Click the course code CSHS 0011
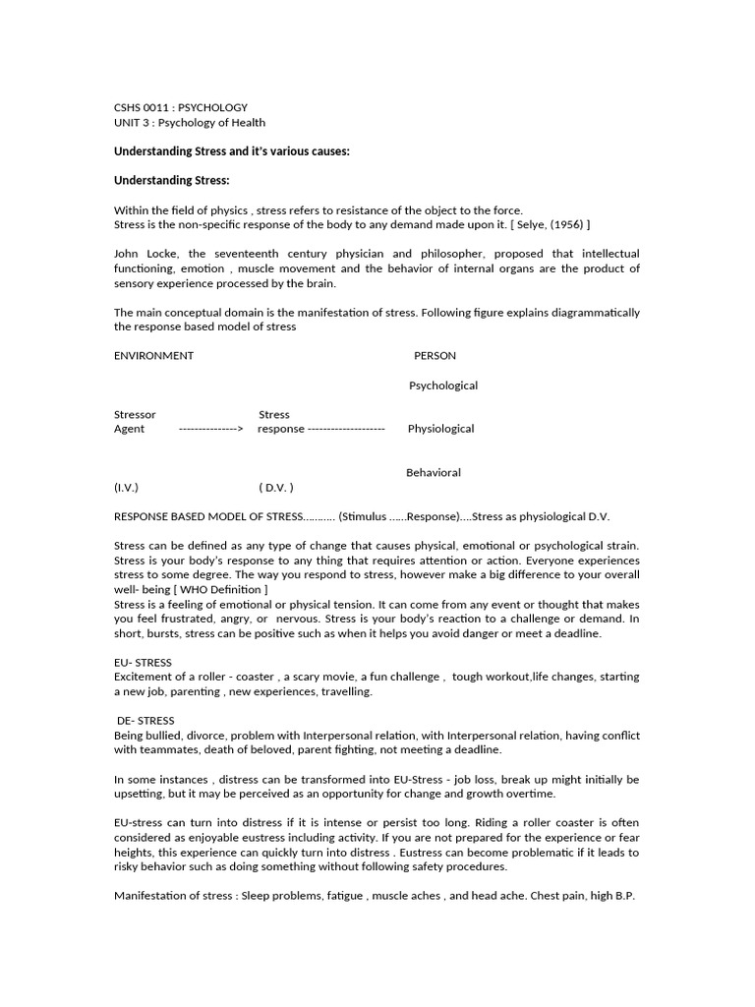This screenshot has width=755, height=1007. [143, 107]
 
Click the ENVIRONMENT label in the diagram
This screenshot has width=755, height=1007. [153, 356]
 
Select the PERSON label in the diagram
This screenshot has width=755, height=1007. [435, 356]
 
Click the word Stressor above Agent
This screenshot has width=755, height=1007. [135, 415]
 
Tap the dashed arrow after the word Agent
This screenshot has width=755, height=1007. [210, 429]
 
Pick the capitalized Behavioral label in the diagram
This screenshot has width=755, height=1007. [434, 473]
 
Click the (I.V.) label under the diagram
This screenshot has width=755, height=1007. [127, 488]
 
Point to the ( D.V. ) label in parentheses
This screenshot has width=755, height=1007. [276, 488]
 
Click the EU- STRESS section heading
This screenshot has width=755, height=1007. [144, 662]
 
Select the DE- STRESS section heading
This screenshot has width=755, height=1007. [145, 721]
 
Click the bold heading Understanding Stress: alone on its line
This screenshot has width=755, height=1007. [172, 181]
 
